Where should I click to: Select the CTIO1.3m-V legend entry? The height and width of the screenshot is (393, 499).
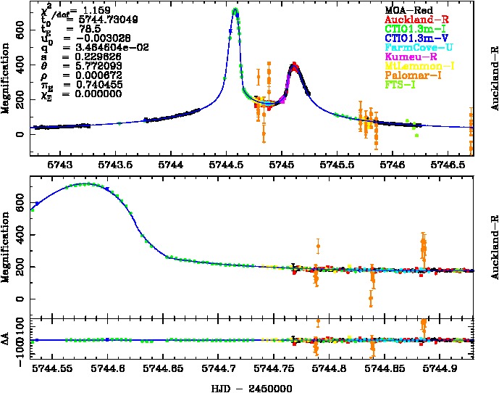tap(410, 36)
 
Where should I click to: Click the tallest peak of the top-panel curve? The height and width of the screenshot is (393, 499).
tap(235, 10)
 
